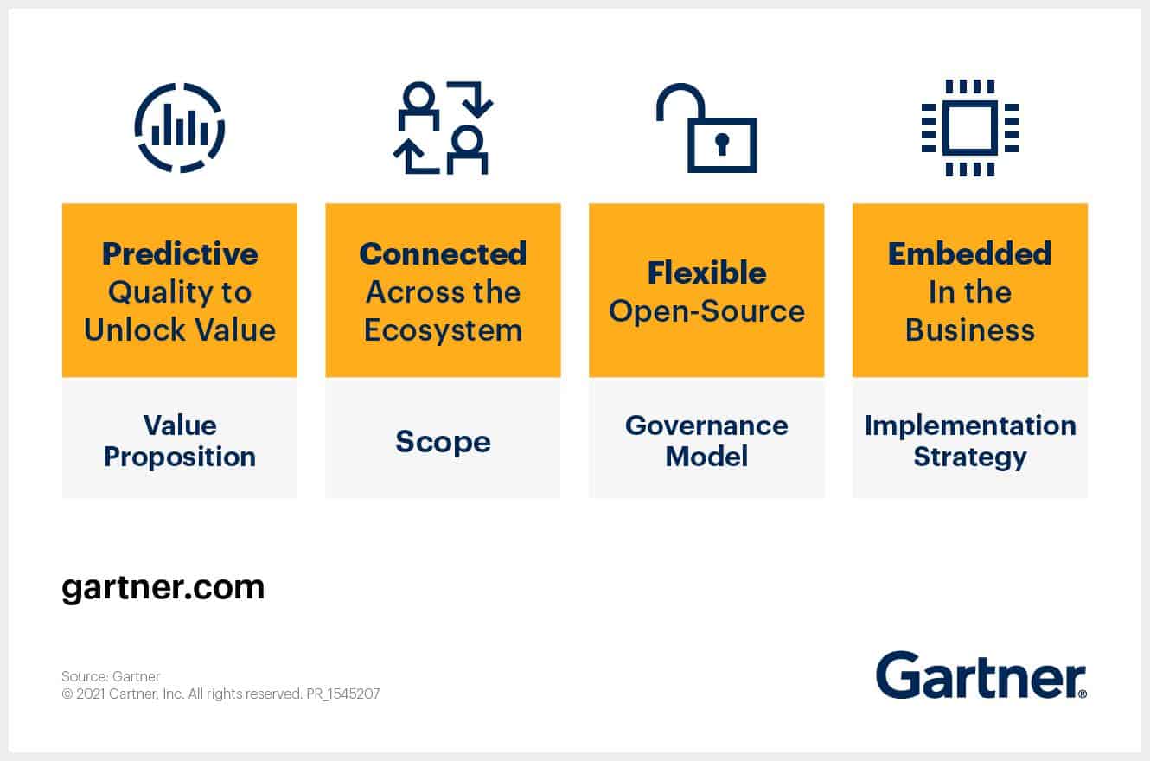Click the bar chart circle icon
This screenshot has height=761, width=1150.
(x=180, y=128)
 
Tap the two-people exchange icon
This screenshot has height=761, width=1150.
(x=443, y=128)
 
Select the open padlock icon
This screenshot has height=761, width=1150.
(x=706, y=128)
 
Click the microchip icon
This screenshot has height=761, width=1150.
(x=969, y=128)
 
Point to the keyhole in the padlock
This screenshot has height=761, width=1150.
(x=722, y=144)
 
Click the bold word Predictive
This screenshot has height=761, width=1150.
(x=180, y=253)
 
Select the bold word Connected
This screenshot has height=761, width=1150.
(x=443, y=253)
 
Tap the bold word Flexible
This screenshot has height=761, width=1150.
(x=706, y=272)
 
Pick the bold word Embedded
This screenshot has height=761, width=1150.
(x=969, y=253)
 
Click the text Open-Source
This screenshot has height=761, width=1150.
(x=706, y=311)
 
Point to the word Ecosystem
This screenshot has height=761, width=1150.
(x=443, y=330)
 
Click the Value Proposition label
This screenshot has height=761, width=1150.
(x=180, y=440)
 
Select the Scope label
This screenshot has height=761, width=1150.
(x=443, y=441)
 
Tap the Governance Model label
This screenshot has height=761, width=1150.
(x=706, y=440)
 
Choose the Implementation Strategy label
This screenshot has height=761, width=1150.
(x=969, y=440)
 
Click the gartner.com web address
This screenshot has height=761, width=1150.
(x=163, y=588)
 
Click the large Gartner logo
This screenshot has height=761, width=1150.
(x=981, y=675)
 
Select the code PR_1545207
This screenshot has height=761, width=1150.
(x=342, y=694)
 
